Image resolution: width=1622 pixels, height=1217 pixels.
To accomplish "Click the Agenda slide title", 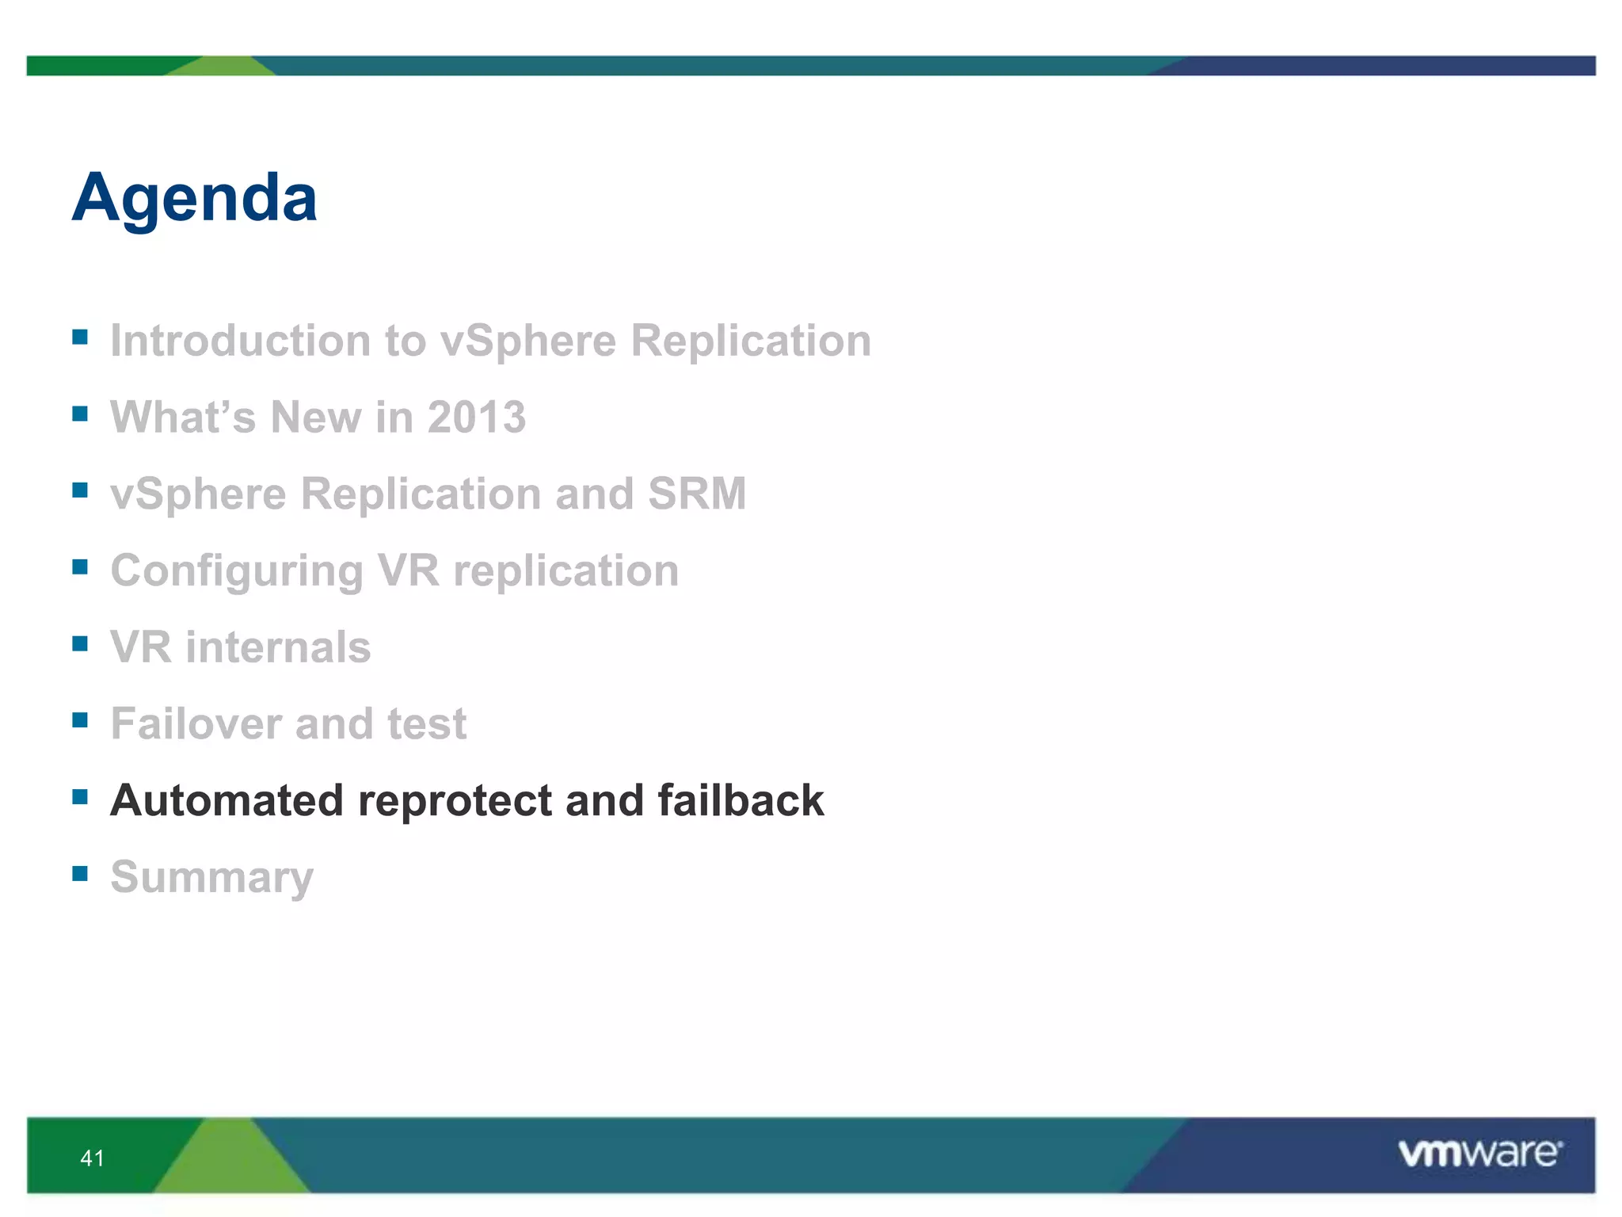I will [195, 198].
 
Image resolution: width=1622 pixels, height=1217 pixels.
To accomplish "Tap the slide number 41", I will [93, 1158].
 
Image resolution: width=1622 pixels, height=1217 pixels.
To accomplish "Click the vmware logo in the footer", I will [1479, 1153].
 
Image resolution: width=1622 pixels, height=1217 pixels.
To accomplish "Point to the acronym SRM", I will [697, 494].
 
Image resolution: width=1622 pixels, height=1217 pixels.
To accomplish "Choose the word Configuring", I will [236, 571].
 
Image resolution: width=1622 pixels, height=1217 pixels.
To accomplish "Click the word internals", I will [278, 647].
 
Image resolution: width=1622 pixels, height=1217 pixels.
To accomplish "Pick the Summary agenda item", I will [211, 878].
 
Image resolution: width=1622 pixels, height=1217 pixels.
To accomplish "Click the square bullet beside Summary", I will [80, 873].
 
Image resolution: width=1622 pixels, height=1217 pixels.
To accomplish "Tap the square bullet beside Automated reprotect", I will [80, 796].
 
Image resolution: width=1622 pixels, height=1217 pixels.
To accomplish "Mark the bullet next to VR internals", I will [80, 643].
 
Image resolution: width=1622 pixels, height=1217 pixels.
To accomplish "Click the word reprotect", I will [455, 801].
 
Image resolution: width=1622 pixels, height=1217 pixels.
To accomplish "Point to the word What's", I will [183, 418].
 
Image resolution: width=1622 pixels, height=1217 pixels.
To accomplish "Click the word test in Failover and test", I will [427, 723].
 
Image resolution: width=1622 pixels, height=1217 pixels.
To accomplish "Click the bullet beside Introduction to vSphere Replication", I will [80, 337].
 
